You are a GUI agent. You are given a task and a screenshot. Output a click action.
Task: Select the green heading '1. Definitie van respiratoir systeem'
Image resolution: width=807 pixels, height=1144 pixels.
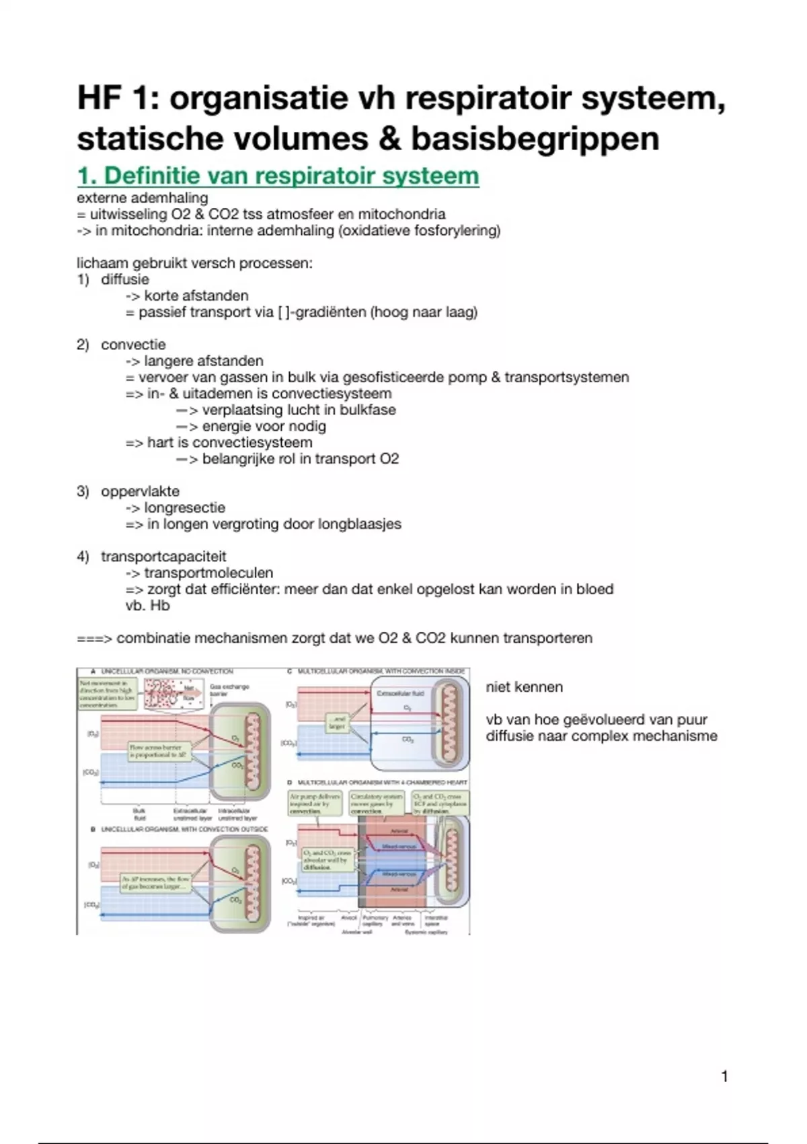(x=278, y=176)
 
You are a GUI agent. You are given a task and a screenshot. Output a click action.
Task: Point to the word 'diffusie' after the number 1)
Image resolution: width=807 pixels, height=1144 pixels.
(x=125, y=279)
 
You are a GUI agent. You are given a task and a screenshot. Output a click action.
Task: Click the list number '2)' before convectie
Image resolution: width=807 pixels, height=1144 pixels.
(x=83, y=345)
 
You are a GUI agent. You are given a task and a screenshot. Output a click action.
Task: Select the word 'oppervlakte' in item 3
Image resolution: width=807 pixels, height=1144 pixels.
(x=140, y=491)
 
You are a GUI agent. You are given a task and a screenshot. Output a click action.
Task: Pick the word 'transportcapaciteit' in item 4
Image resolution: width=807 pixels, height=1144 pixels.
(x=163, y=557)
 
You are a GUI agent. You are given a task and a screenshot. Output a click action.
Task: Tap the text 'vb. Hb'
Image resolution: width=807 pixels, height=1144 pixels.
(x=147, y=606)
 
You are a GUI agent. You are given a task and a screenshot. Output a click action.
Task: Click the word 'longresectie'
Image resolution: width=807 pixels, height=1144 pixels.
(x=185, y=507)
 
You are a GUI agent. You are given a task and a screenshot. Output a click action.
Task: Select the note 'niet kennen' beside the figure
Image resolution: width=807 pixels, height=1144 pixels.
(x=524, y=687)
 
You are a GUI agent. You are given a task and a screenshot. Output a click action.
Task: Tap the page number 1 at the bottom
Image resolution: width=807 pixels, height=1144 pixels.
(x=724, y=1077)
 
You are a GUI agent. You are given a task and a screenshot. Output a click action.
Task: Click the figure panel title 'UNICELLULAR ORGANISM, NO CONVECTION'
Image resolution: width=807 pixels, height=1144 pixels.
(x=167, y=672)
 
